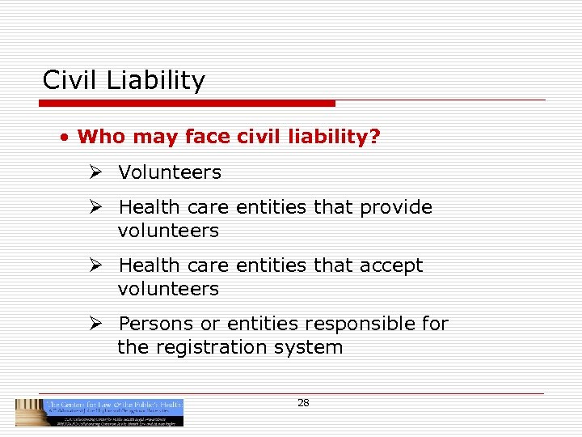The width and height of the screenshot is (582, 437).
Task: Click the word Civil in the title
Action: click(x=65, y=80)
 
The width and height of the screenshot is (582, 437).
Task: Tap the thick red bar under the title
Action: click(x=187, y=104)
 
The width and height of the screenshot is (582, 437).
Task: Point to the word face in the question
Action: click(x=208, y=137)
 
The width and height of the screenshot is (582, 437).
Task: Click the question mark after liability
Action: click(x=374, y=137)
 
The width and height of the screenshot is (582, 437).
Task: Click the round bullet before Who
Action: click(x=63, y=137)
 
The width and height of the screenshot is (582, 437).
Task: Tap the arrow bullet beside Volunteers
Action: click(x=95, y=172)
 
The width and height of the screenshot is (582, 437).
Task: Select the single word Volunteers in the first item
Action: click(x=170, y=172)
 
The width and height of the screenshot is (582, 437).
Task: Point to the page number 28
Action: click(x=303, y=402)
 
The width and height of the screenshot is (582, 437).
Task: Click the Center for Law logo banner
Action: click(x=99, y=412)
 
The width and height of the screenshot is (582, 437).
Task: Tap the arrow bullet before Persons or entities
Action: click(x=95, y=324)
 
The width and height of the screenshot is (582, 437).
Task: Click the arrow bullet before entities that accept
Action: click(x=95, y=265)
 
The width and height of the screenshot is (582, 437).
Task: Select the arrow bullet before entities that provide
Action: click(x=95, y=207)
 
